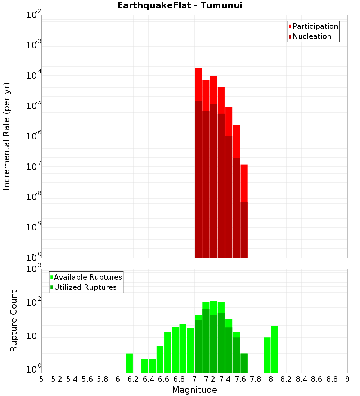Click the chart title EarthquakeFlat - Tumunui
tap(180, 5)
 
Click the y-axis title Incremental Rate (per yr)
tap(7, 136)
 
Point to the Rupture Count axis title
tap(14, 321)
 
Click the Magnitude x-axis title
tap(194, 390)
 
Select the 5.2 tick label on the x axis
tap(57, 379)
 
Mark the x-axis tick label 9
tap(347, 379)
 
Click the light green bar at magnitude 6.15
tap(129, 363)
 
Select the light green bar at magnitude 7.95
tap(267, 355)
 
